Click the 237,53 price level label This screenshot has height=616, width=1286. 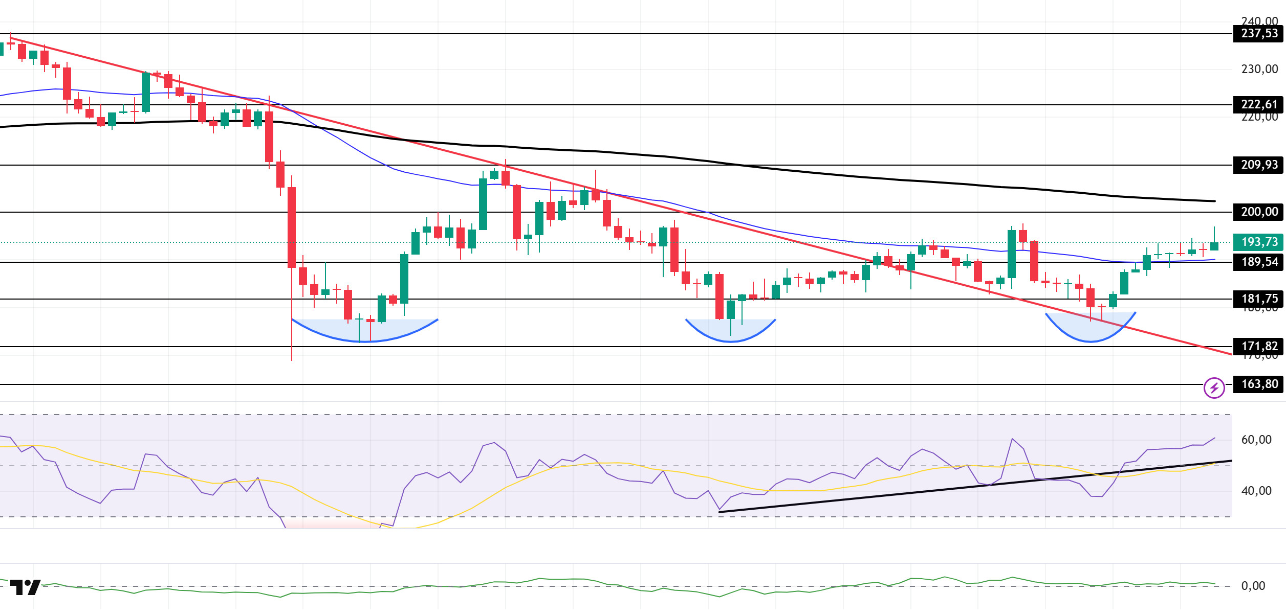[x=1258, y=34]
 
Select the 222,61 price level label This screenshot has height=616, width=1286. [x=1258, y=105]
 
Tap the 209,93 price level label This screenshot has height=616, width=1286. [x=1258, y=165]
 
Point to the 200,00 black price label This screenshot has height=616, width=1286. [x=1258, y=212]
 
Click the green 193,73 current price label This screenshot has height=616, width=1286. [x=1258, y=242]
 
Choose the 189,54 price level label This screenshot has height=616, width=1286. [x=1258, y=262]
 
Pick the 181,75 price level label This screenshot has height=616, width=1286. [x=1258, y=299]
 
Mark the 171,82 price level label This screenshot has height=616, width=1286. [x=1258, y=347]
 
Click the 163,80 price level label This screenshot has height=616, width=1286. [x=1258, y=384]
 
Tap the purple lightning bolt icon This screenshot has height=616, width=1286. [x=1214, y=388]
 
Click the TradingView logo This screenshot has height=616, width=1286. [x=25, y=587]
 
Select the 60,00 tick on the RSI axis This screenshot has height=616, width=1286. [x=1256, y=440]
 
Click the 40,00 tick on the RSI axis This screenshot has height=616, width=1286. [x=1256, y=491]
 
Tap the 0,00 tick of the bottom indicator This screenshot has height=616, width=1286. [x=1253, y=586]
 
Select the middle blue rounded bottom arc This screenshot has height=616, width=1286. [x=730, y=334]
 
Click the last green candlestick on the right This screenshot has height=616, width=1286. [x=1214, y=246]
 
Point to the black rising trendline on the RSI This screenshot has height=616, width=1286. [x=972, y=486]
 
